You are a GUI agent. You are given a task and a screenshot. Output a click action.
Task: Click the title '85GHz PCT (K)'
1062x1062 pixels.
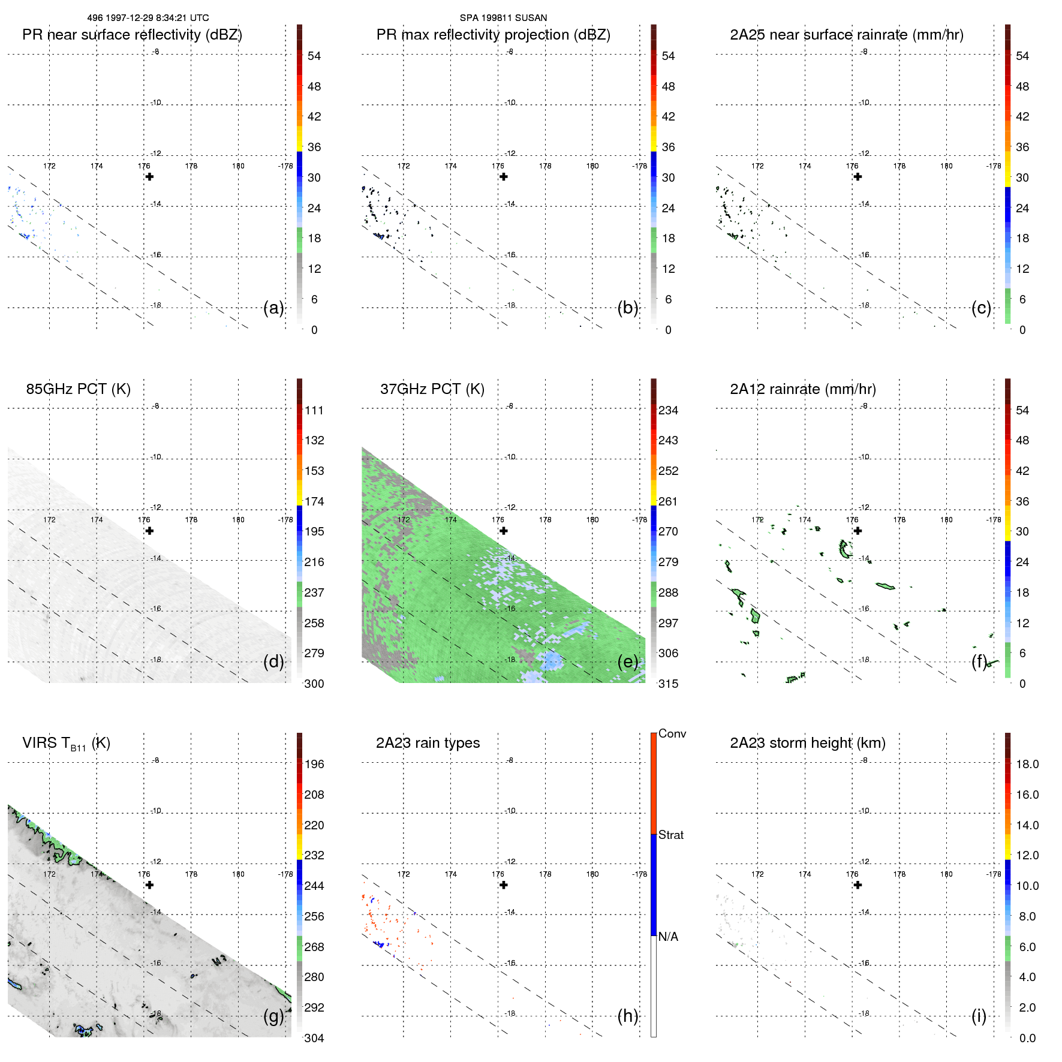[78, 389]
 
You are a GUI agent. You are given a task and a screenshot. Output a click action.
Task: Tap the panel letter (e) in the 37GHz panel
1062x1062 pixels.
[627, 661]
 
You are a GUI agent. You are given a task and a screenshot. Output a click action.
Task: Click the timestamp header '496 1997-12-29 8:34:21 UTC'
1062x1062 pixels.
[148, 18]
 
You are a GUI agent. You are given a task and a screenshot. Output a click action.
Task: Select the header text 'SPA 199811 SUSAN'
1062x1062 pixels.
[503, 18]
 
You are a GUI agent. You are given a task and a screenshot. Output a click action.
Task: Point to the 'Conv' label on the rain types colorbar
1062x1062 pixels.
[672, 733]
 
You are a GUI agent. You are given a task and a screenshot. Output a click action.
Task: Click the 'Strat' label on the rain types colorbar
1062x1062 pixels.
[670, 835]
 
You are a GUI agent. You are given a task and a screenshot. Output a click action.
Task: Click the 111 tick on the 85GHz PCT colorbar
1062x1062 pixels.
[314, 410]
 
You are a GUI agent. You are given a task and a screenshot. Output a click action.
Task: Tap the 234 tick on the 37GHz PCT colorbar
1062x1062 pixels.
[668, 410]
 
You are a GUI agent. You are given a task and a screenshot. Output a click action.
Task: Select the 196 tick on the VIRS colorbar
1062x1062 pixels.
[314, 764]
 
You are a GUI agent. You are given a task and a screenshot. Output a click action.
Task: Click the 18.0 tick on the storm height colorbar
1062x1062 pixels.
[1027, 764]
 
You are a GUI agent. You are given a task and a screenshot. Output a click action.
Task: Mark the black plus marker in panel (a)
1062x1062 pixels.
[149, 177]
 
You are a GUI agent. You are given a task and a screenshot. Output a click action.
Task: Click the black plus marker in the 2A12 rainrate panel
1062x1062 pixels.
[858, 531]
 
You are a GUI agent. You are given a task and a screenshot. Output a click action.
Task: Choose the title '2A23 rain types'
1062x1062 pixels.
[428, 743]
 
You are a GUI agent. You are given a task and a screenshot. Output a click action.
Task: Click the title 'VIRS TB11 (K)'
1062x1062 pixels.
[66, 744]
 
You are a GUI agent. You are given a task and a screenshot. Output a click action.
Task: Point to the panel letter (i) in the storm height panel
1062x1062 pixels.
[979, 1016]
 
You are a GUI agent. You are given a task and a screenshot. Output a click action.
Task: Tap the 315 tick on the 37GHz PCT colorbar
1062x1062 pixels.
[668, 684]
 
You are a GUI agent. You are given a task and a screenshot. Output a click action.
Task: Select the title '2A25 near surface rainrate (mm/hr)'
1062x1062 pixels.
[846, 35]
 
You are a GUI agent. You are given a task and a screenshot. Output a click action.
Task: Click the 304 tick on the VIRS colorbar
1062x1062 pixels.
[314, 1038]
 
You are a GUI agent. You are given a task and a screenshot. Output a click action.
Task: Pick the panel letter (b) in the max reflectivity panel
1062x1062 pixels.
[627, 308]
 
